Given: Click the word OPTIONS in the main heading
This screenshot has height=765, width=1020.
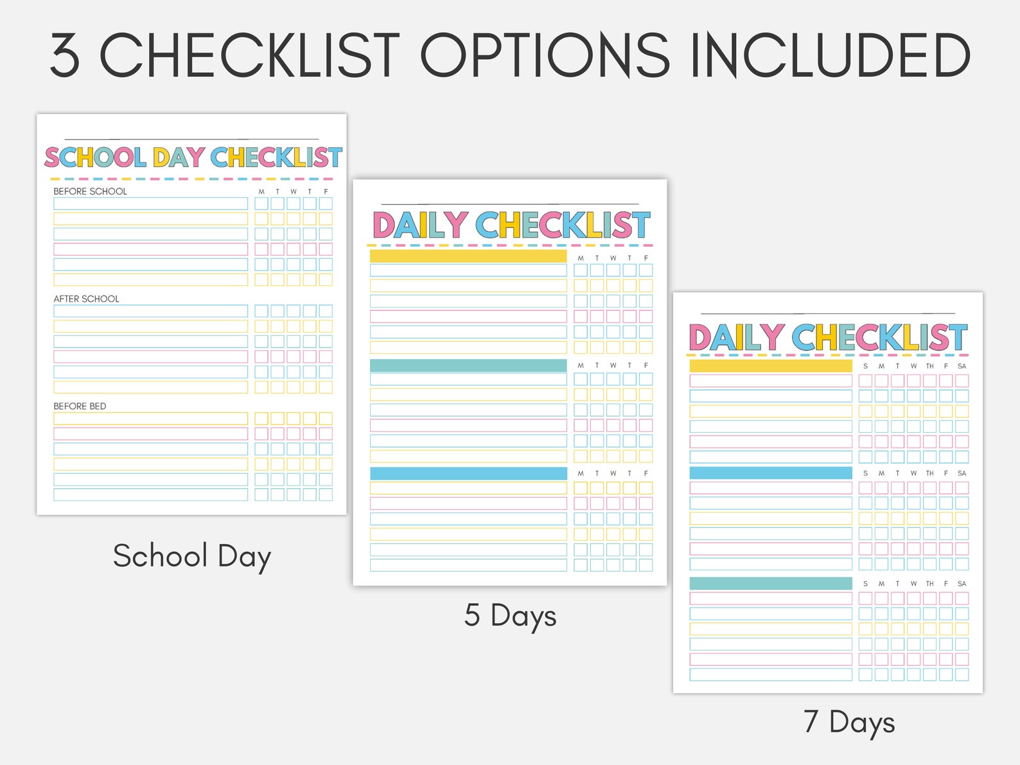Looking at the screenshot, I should pos(545,56).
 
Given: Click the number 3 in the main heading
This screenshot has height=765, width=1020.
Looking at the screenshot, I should pos(65,57).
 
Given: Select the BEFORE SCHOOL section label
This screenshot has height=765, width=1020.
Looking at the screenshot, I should pos(90,191).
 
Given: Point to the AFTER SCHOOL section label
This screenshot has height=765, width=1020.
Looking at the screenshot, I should pos(86,299).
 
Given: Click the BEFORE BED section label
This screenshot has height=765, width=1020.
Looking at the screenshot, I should pos(80,406).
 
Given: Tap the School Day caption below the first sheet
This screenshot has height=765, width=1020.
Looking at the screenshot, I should pos(191,556).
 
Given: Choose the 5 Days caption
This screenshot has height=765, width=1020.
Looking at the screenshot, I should pos(510,615).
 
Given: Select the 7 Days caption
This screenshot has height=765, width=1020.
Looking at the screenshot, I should pos(849,722).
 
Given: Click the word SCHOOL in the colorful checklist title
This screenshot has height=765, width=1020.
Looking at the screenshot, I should pos(95,157).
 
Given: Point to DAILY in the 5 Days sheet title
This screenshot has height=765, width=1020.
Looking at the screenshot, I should pos(420,225).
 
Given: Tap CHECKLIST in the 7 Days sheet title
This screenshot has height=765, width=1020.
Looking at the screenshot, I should pos(879,337).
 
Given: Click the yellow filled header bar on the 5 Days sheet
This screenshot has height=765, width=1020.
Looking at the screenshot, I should pos(468,256).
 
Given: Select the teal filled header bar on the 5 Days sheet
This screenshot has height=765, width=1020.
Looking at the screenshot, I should pos(468,365).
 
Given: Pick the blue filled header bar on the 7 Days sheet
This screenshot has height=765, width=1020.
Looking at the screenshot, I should pos(771,473).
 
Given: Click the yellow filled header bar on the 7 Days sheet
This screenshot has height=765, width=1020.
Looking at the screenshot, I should pos(771,366).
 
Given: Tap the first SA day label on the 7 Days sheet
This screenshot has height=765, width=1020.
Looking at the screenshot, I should pos(962,366).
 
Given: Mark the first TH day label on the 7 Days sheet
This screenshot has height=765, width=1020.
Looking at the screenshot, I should pos(929,366).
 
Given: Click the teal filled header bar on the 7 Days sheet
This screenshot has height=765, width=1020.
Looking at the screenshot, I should pos(771,583).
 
